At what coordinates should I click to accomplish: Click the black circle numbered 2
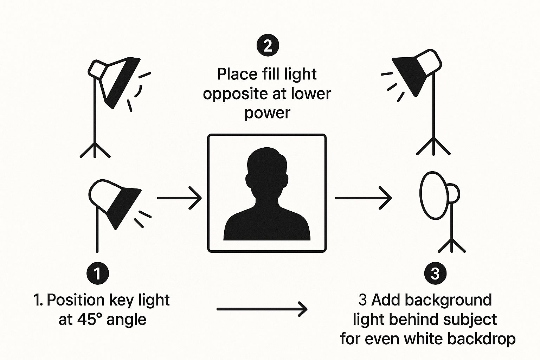(268, 46)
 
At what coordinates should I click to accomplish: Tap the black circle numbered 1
(97, 273)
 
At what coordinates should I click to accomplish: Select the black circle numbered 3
(435, 273)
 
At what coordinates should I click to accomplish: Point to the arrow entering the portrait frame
(179, 198)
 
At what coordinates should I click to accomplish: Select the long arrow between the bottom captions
(262, 309)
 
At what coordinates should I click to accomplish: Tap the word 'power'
(267, 113)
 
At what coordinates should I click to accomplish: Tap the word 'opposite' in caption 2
(232, 94)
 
